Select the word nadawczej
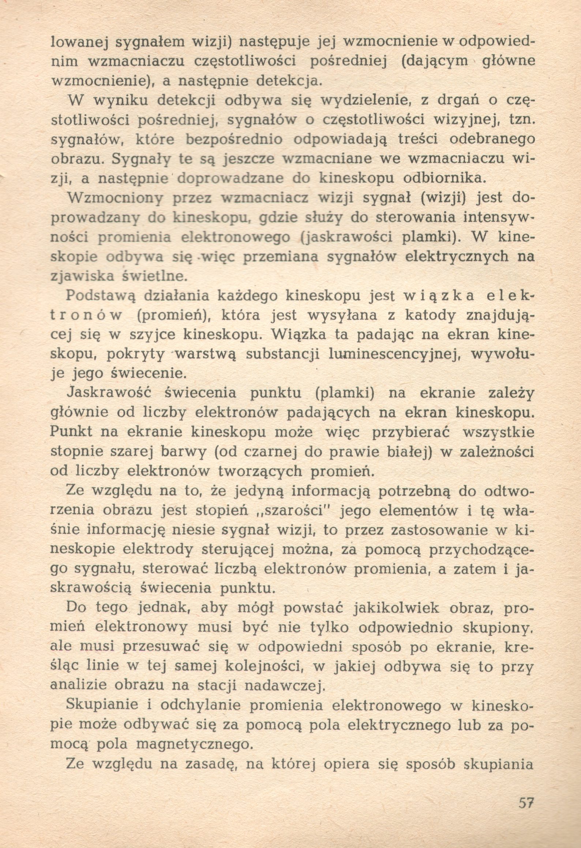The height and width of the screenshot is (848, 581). point(286,686)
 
